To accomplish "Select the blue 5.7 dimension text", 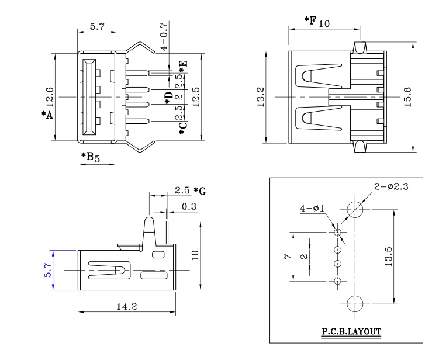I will tap(48, 269).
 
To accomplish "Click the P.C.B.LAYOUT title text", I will tap(351, 331).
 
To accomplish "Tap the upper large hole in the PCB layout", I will tap(355, 209).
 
